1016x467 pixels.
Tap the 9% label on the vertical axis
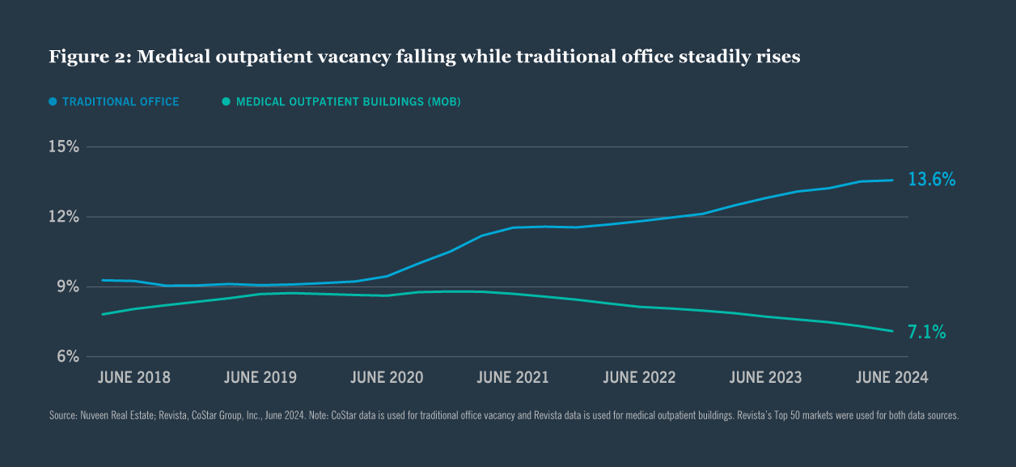tap(66, 287)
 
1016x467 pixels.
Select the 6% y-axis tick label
tap(66, 356)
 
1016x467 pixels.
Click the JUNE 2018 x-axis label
tap(134, 378)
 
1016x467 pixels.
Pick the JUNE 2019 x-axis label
tap(260, 378)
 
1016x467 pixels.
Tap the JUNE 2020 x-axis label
tap(387, 378)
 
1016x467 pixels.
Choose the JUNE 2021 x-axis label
tap(513, 378)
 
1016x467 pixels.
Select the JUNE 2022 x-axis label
tap(639, 378)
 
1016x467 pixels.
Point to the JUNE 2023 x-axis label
tap(765, 378)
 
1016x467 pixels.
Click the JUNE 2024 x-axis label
tap(891, 378)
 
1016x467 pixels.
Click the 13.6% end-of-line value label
tap(932, 180)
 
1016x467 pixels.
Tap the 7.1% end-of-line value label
tap(927, 332)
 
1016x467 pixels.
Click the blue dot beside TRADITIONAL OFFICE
tap(53, 102)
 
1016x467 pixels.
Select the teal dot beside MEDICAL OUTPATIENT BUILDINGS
tap(226, 102)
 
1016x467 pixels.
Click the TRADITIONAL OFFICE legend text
tap(121, 102)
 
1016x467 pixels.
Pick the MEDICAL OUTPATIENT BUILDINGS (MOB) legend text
tap(348, 102)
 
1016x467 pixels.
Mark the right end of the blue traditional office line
tap(892, 180)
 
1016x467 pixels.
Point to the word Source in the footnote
tap(64, 415)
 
